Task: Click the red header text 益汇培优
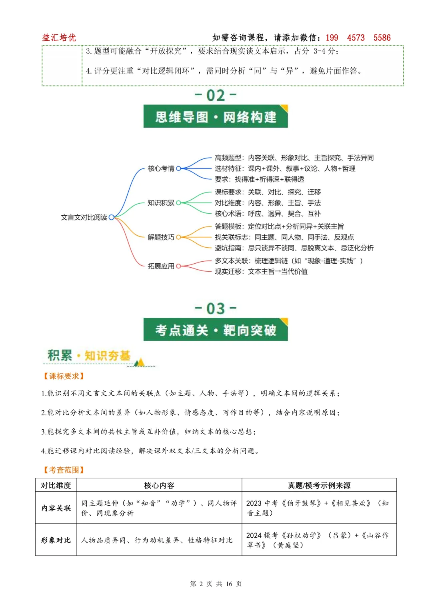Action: (59, 38)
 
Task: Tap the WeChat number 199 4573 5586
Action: (358, 38)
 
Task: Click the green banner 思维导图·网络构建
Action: (216, 117)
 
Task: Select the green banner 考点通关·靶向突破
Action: (216, 330)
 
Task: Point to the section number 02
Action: (216, 95)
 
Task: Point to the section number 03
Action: (216, 309)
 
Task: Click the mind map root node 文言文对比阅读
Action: (84, 217)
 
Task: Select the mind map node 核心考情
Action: (161, 168)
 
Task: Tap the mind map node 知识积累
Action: (161, 203)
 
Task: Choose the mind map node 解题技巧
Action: (161, 237)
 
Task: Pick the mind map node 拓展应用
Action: (161, 266)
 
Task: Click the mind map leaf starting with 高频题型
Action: (294, 158)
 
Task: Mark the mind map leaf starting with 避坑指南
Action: (294, 248)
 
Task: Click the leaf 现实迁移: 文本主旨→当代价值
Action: (261, 272)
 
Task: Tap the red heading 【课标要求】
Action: (64, 376)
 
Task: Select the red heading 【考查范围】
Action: (64, 470)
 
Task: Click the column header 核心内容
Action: (159, 485)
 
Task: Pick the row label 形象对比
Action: (56, 540)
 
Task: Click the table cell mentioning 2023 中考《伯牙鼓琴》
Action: (318, 508)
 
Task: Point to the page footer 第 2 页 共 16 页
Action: (216, 584)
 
